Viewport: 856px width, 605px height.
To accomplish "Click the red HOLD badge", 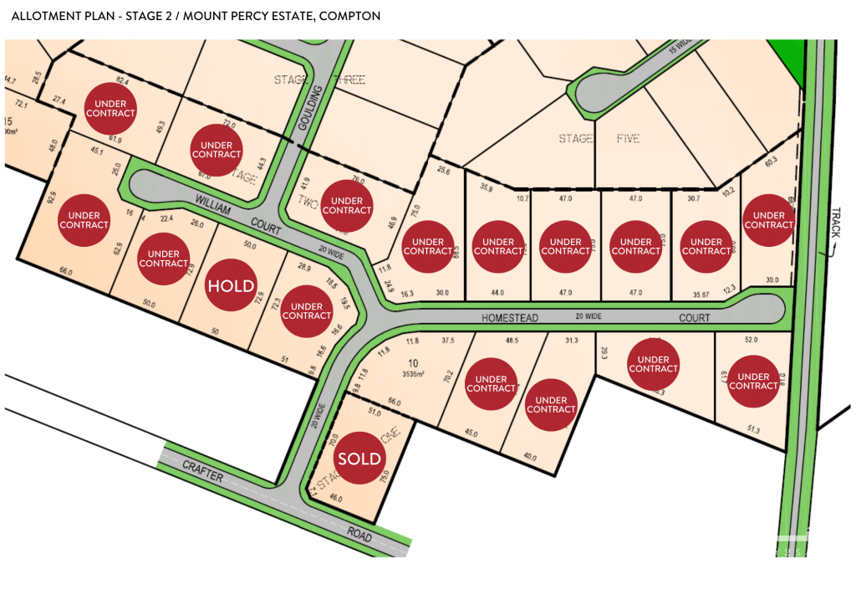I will tap(231, 286).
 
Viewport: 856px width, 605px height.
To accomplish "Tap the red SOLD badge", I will tap(359, 459).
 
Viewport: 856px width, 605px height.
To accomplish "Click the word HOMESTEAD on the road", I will tap(511, 318).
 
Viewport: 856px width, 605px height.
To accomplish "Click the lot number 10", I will tap(412, 362).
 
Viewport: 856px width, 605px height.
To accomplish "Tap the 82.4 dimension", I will tap(122, 81).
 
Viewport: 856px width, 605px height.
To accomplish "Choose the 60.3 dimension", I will tap(770, 161).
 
